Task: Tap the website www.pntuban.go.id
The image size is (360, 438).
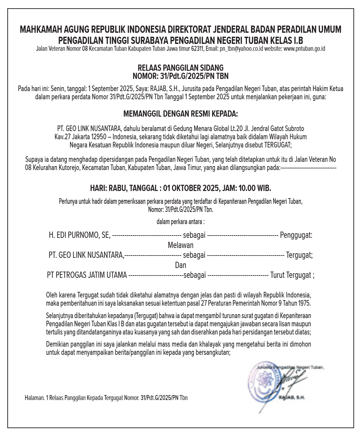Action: click(x=304, y=49)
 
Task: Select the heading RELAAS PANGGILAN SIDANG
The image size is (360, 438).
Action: click(x=180, y=68)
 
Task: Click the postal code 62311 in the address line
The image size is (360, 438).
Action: click(x=197, y=49)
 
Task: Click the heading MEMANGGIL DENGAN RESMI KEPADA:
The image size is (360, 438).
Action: click(x=180, y=114)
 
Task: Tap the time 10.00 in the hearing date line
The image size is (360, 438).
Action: click(x=248, y=188)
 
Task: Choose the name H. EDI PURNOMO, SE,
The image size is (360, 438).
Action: click(x=80, y=235)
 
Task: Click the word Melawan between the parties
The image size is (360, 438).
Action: click(x=180, y=245)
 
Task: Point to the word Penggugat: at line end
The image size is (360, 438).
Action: click(x=296, y=235)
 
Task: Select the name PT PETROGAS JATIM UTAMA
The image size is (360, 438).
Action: click(x=87, y=275)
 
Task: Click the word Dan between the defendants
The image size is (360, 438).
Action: click(x=180, y=265)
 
